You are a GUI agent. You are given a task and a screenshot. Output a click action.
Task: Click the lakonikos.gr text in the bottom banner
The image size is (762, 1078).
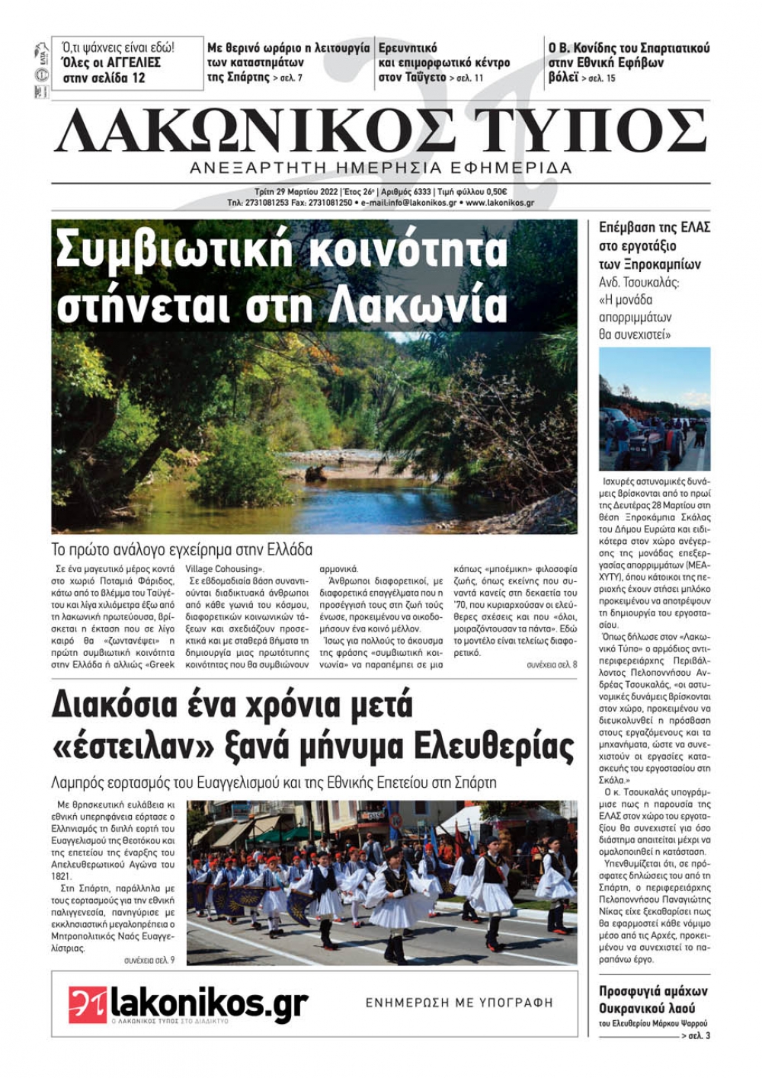pos(210,1003)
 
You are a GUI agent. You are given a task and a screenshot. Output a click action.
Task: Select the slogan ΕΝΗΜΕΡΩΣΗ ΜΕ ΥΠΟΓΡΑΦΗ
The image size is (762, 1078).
pos(459,1003)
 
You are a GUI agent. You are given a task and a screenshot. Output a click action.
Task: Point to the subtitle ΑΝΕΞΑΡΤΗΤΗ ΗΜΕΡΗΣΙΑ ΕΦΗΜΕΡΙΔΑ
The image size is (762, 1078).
pos(381,168)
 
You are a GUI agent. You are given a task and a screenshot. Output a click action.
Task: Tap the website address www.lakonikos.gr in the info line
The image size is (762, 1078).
pos(499,203)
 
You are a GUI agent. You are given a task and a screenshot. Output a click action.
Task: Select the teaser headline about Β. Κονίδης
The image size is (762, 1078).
pos(629,62)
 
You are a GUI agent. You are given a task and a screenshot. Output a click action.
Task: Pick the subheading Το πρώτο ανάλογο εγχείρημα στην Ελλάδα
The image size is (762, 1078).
pos(182,549)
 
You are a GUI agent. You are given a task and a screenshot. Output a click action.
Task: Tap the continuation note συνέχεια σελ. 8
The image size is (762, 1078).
pos(552,665)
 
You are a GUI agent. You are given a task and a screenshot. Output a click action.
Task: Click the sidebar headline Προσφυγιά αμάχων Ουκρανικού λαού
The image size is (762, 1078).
pos(653,999)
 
